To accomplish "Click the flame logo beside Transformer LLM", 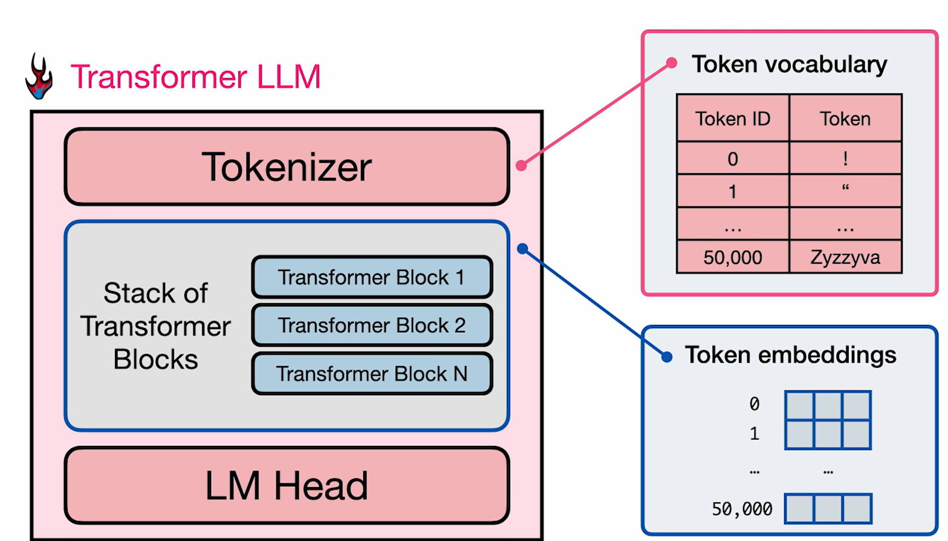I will [x=39, y=77].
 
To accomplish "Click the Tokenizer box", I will [x=287, y=167].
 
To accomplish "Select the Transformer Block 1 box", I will [x=372, y=277].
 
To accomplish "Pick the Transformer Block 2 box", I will [x=372, y=326].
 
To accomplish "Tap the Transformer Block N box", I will [x=372, y=374].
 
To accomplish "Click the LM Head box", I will [x=287, y=486].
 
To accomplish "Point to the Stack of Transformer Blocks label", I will [x=155, y=326].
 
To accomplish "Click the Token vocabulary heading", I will [x=789, y=64].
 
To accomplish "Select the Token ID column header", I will [x=733, y=119].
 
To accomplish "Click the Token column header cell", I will [x=845, y=119].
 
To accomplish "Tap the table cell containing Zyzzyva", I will [x=845, y=258].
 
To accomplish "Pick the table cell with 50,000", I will [x=733, y=258].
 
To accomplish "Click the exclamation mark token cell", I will [x=845, y=159].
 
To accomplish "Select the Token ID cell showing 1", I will [x=733, y=192].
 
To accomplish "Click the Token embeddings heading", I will [x=790, y=355].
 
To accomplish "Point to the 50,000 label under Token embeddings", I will [x=742, y=509].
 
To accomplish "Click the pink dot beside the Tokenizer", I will [x=521, y=165].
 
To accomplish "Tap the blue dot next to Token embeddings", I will [x=667, y=357].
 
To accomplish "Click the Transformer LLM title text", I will [x=195, y=77].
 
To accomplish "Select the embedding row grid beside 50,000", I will [x=828, y=508].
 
